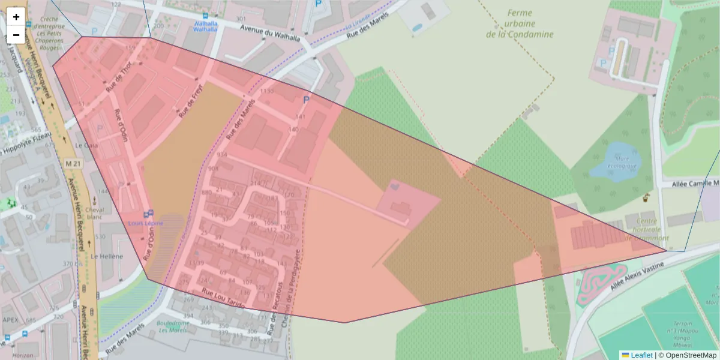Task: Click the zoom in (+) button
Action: pos(16,17)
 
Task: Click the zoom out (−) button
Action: pos(16,35)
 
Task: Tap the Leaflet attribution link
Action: pos(641,355)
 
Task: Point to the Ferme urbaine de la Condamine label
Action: pos(520,23)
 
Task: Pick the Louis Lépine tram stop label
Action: pos(145,223)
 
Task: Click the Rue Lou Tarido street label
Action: pos(223,298)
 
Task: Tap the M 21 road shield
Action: pos(73,163)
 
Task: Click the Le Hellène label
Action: pos(107,256)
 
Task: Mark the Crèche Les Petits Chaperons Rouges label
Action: pos(49,33)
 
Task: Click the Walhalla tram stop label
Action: pos(205,26)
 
